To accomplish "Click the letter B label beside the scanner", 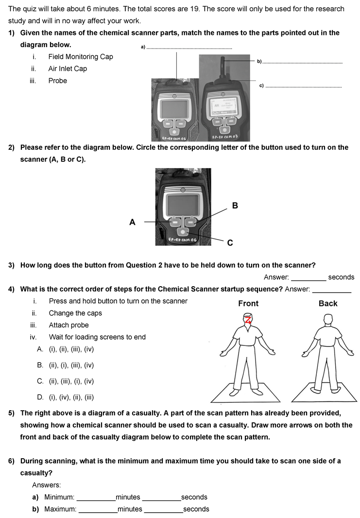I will (x=235, y=206).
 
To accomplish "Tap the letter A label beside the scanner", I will (x=132, y=222).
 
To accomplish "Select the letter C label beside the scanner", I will (x=230, y=243).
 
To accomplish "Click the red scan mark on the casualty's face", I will (x=248, y=319).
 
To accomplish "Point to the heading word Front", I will (x=248, y=303).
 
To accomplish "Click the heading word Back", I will (x=328, y=303).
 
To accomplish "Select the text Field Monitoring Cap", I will (x=81, y=57).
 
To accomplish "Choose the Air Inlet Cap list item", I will (x=68, y=69).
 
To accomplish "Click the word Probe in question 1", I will (x=58, y=81).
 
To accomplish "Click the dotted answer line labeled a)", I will (x=189, y=48).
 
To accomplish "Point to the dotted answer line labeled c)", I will (x=304, y=87).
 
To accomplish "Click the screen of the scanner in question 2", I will (x=182, y=203).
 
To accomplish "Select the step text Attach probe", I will (x=69, y=325).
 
